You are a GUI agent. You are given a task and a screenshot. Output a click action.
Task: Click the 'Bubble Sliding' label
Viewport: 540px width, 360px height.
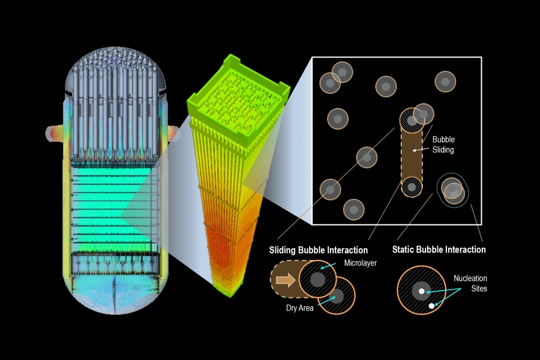click(x=443, y=145)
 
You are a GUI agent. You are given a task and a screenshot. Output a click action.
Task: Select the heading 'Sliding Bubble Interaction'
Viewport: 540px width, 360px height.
click(x=318, y=249)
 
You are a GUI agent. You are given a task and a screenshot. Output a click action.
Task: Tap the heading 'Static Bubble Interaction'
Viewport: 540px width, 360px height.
click(x=439, y=249)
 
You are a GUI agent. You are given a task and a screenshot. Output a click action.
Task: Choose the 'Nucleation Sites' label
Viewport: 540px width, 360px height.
click(x=470, y=283)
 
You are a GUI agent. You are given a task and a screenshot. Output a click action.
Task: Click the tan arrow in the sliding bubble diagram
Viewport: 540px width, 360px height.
click(x=286, y=280)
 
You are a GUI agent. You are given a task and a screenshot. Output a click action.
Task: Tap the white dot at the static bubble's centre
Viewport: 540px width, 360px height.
click(x=422, y=291)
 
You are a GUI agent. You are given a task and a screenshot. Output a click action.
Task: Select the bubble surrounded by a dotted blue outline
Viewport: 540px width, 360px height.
click(x=453, y=190)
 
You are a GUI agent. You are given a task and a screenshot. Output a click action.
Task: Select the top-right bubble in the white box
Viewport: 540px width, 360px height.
click(x=445, y=82)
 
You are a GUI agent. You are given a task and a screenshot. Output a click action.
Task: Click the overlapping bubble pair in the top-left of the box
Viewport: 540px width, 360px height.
click(x=335, y=76)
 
